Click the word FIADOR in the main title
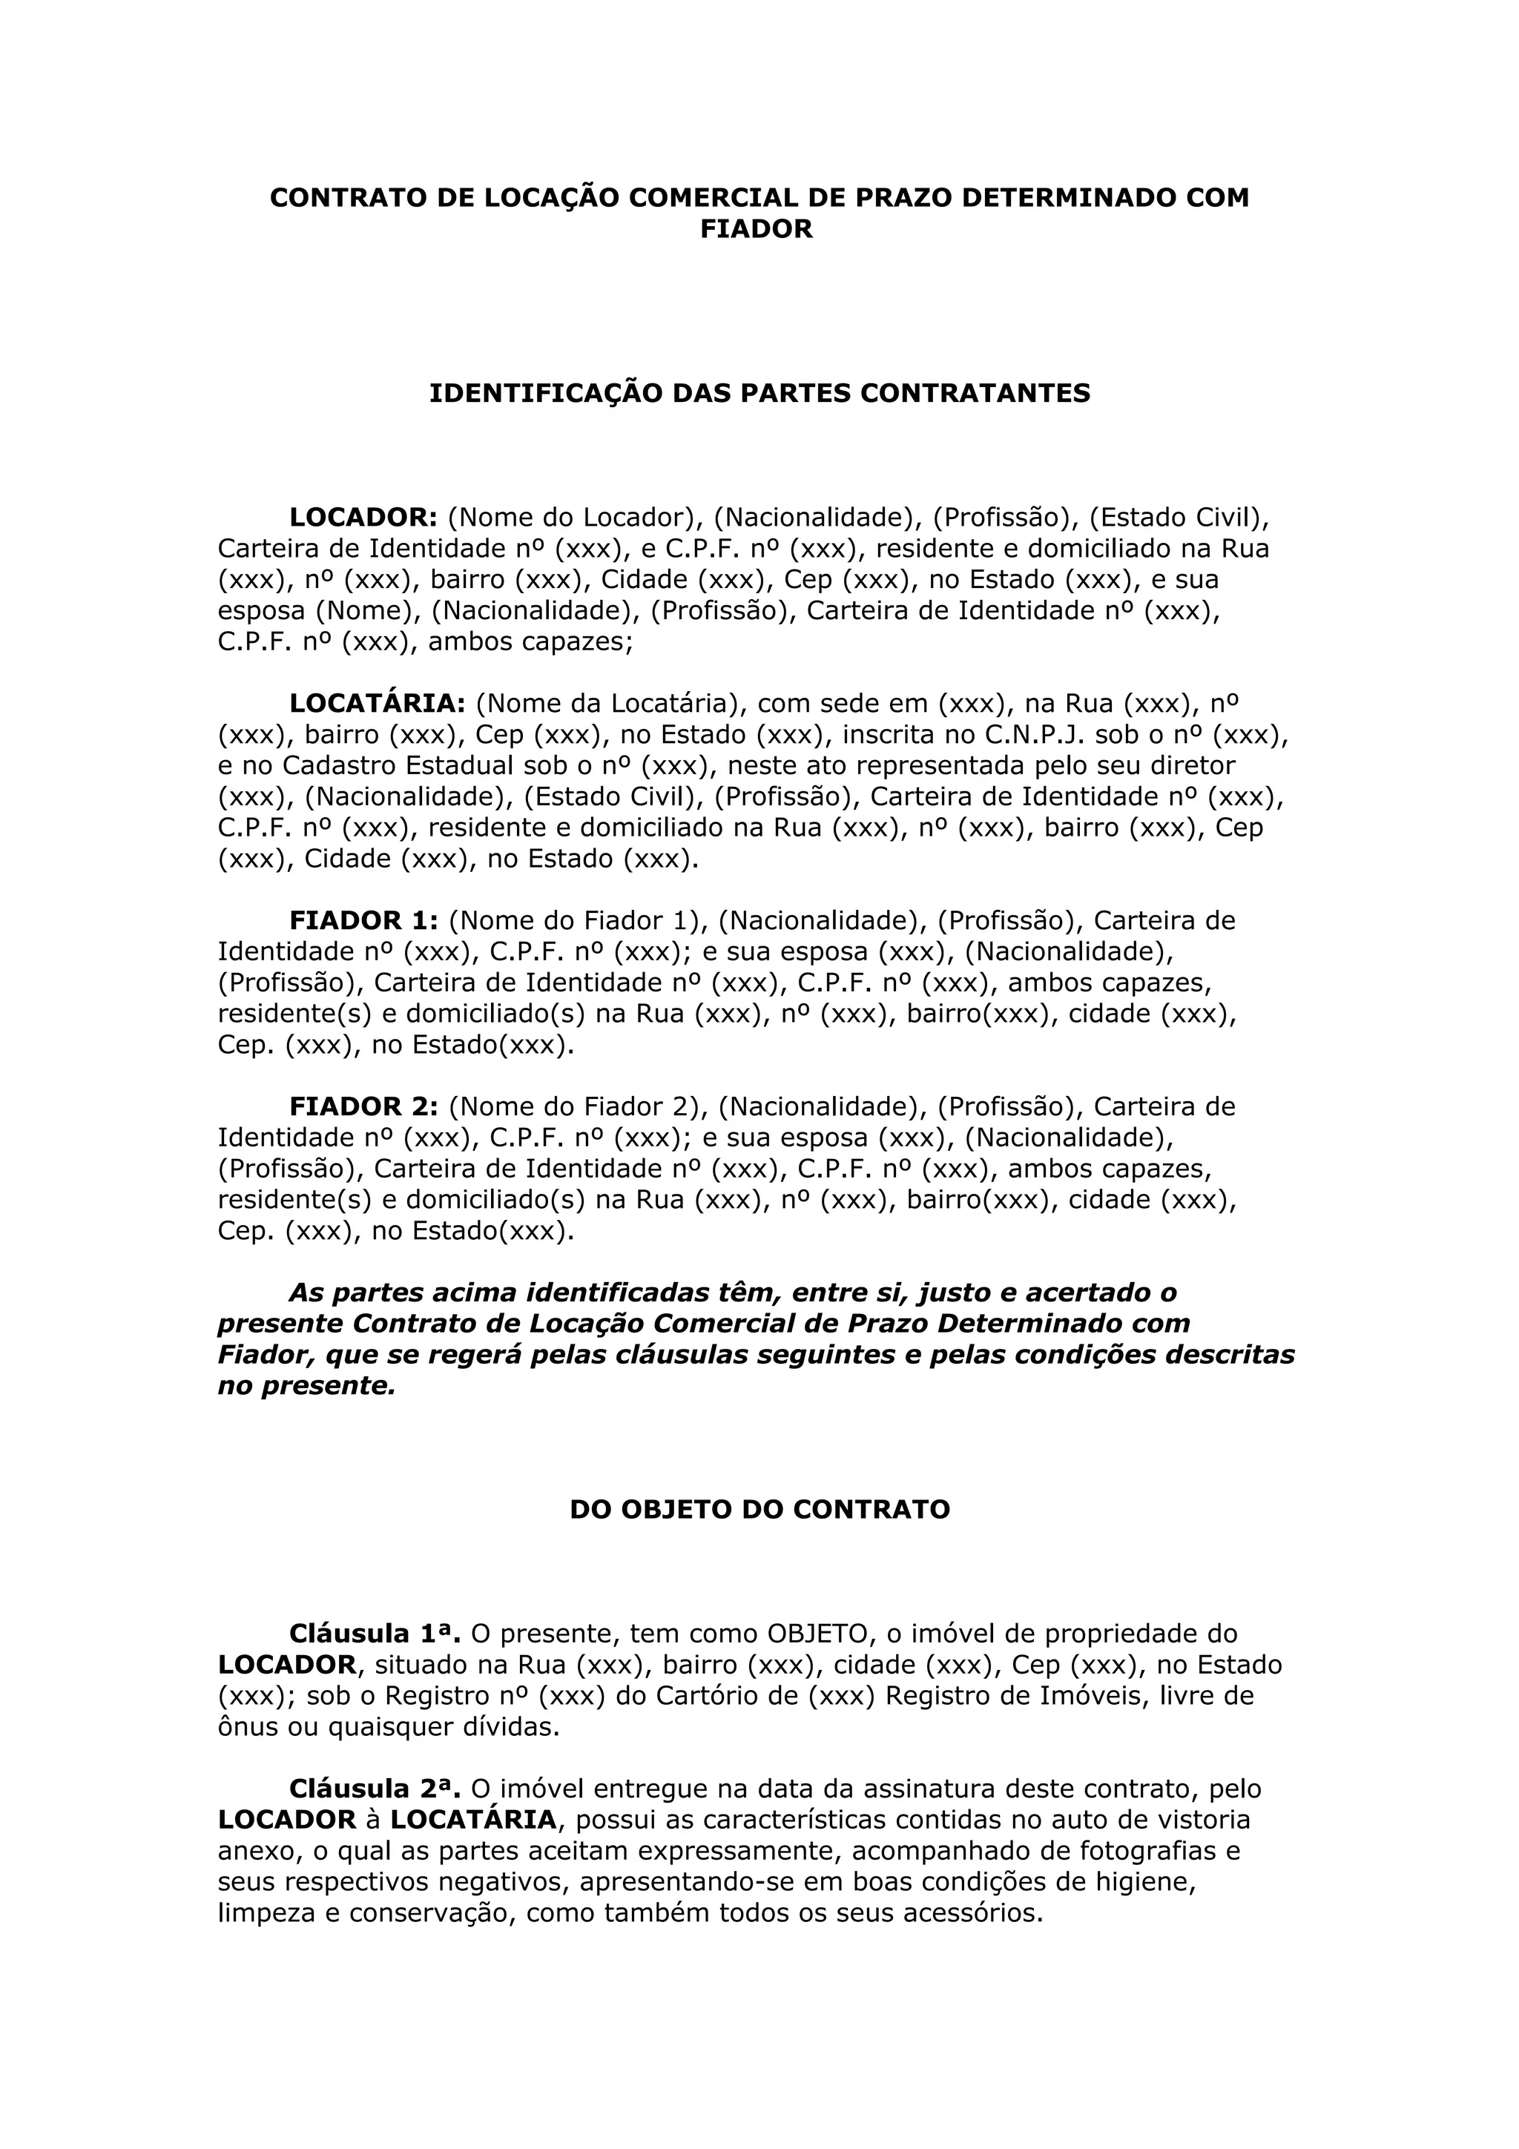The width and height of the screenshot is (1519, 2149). tap(757, 229)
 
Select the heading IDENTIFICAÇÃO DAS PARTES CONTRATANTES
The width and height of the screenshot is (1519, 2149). tap(759, 393)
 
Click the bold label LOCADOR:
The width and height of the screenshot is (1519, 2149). tap(363, 518)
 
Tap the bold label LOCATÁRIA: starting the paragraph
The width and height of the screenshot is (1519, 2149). tap(378, 704)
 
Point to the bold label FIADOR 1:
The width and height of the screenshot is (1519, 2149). tap(363, 921)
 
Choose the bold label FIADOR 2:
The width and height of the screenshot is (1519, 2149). tap(363, 1107)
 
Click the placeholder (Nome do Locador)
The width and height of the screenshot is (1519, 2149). tap(575, 518)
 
